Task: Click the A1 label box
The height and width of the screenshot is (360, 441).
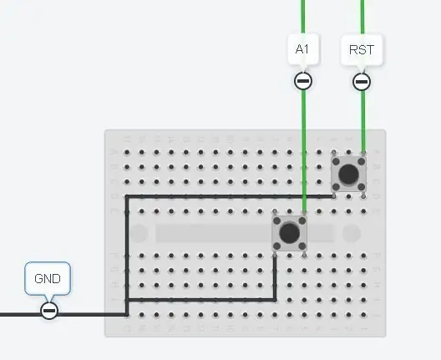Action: pos(303,49)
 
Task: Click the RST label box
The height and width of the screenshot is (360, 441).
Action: pos(362,50)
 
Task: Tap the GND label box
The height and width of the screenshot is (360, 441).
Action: pos(48,278)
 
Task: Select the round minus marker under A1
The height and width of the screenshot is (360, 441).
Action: pos(303,81)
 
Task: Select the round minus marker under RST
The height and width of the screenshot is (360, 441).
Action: pos(362,82)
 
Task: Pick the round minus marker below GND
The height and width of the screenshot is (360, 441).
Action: pos(49,311)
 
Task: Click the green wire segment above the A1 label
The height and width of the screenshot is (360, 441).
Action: pos(303,17)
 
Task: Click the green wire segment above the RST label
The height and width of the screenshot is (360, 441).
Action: pos(362,17)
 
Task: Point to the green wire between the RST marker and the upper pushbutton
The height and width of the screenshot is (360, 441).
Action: pos(363,121)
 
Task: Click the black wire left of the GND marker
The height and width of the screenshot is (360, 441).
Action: pos(20,314)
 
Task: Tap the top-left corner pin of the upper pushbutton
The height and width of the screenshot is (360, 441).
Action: pos(334,153)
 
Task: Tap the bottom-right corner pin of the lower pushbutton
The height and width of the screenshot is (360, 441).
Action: pos(304,255)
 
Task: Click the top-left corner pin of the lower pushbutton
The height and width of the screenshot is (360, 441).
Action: pos(275,212)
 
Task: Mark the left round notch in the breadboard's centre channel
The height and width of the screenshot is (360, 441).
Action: pos(139,233)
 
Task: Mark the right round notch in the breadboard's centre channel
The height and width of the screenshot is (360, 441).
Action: pos(352,233)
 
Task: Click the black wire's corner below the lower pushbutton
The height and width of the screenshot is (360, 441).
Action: pos(275,300)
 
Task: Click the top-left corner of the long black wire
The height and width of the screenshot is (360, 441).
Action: pos(127,196)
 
